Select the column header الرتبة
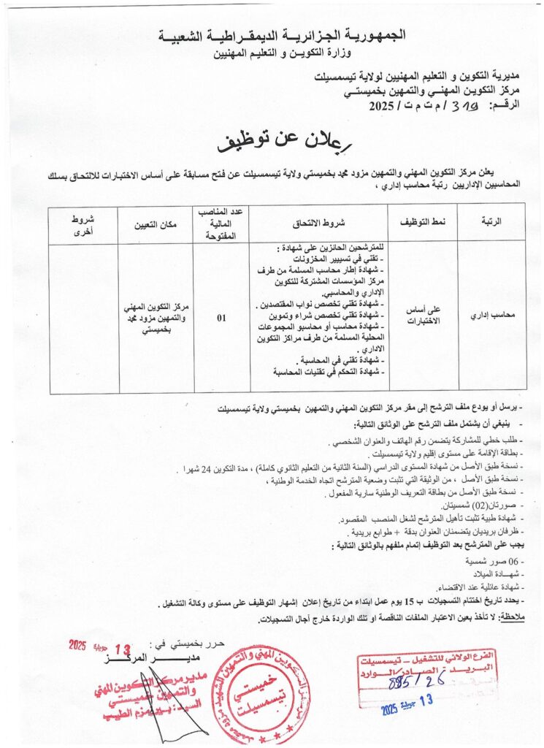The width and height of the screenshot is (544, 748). pos(488,221)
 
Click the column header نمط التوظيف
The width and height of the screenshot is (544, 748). pos(422,221)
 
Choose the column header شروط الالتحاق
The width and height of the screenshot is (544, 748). pos(321,221)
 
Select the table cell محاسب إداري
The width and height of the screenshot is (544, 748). pos(488,318)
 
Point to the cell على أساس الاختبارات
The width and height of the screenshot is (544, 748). pos(422,318)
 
